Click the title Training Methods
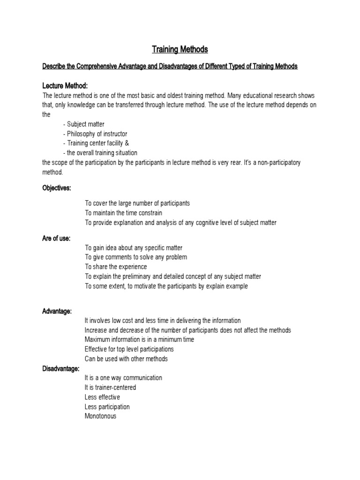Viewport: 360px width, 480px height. (180, 49)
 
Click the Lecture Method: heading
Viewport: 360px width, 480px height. (65, 85)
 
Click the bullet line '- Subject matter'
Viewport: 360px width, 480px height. (83, 124)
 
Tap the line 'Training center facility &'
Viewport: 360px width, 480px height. (95, 143)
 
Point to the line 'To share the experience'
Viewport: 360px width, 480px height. (116, 267)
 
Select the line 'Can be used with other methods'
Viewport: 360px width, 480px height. (126, 359)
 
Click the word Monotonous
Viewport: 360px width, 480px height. (100, 416)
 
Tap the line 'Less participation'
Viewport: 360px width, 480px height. (107, 406)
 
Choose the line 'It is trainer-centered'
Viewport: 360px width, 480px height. (110, 387)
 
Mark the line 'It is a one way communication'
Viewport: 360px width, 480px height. (123, 378)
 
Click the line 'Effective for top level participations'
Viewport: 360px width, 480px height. (129, 349)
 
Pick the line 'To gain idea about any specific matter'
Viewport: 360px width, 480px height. (134, 247)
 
